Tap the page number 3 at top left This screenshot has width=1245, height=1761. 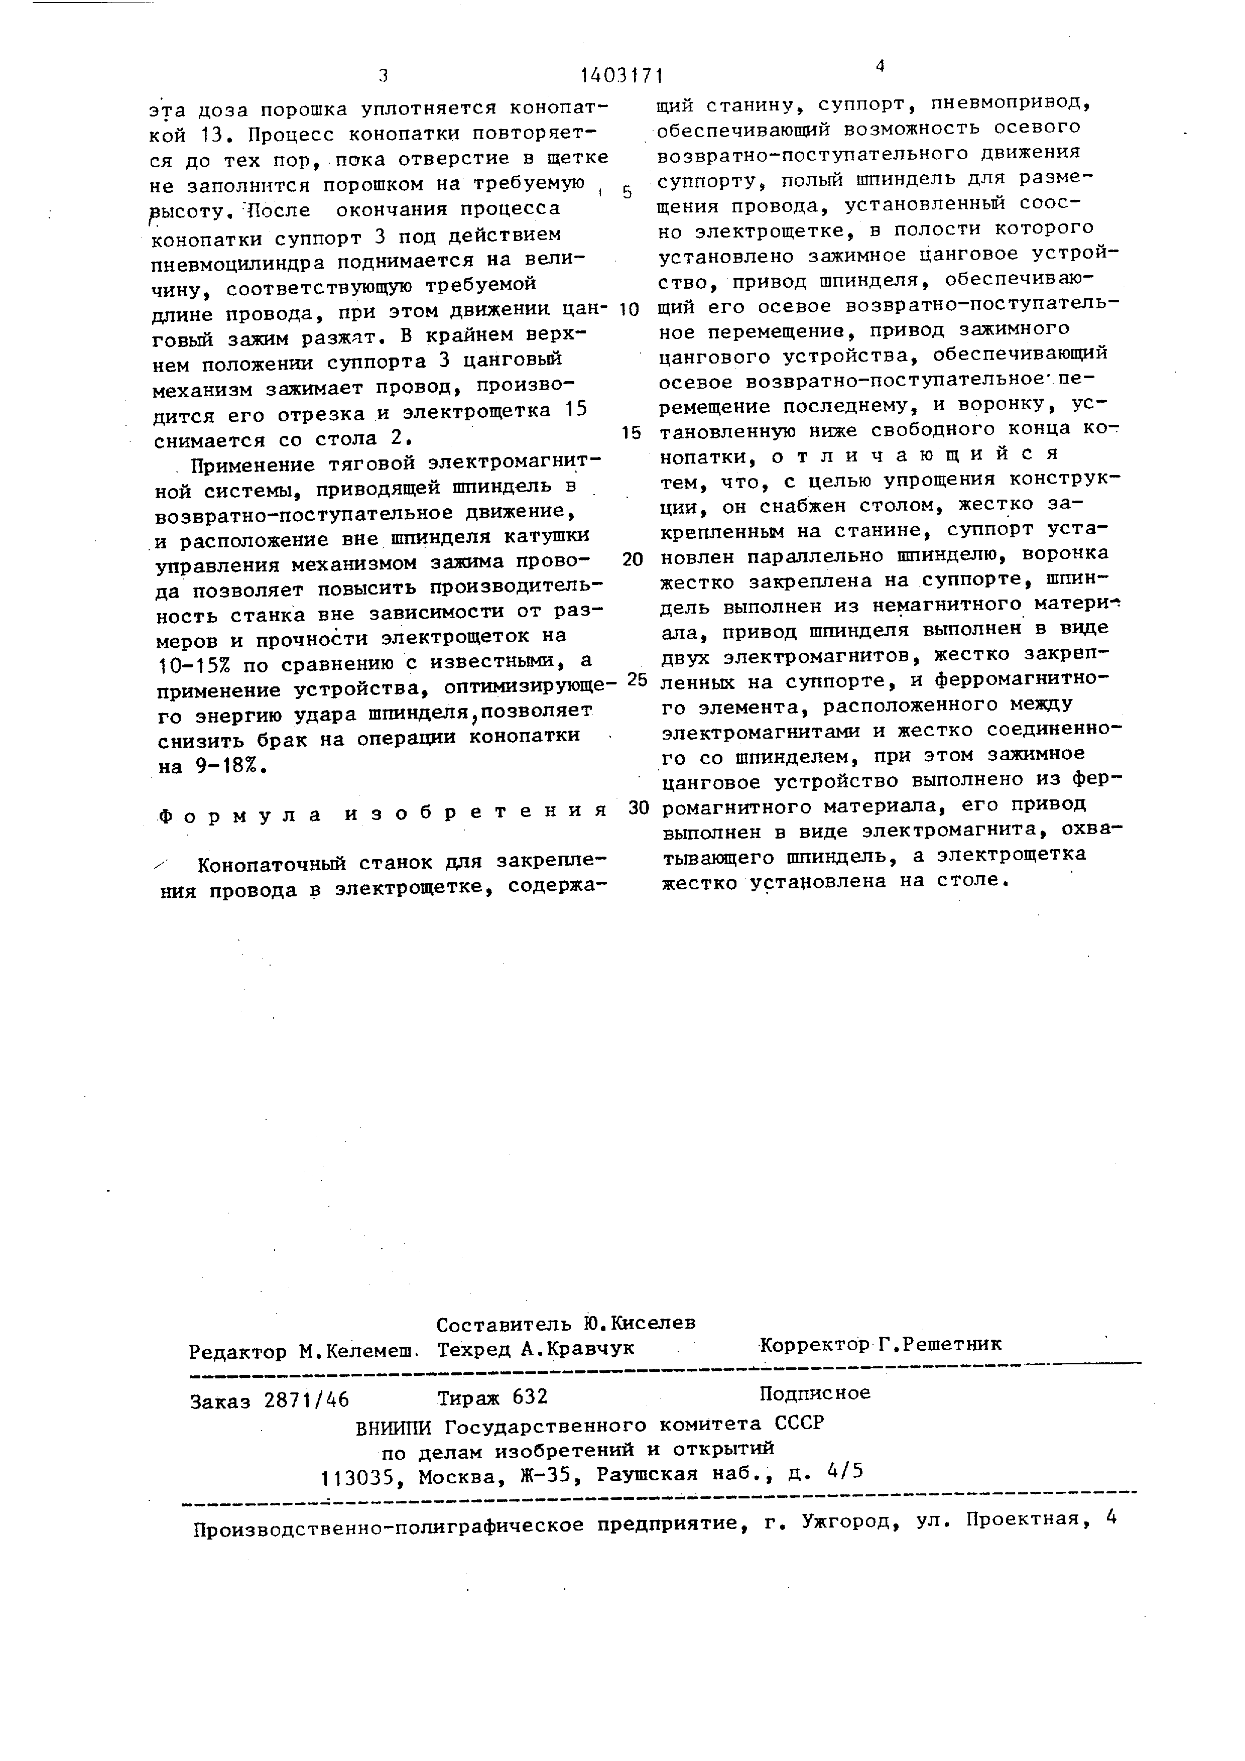point(384,75)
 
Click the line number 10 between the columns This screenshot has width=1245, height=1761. point(629,310)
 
